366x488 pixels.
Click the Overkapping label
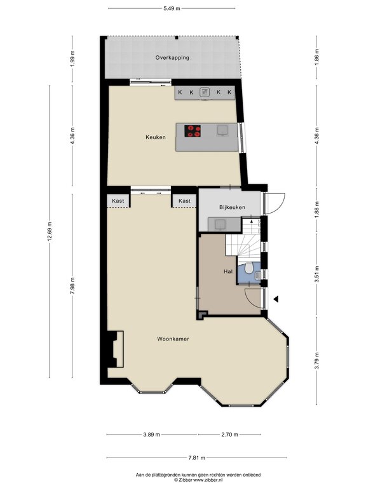172,58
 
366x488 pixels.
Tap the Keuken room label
156,137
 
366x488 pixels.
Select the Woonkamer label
173,339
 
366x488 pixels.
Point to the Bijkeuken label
232,207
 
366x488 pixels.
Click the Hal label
228,271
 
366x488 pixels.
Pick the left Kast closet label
118,201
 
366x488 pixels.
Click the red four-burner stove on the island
193,131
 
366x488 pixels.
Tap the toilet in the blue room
248,268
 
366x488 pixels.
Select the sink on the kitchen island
222,130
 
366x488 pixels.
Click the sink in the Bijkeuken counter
220,224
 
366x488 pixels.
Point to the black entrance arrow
276,299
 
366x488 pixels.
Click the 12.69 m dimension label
50,232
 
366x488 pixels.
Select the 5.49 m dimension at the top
172,8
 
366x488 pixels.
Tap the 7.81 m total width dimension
197,457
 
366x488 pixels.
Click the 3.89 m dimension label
152,435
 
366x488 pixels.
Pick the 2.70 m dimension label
229,435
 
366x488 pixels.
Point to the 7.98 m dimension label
72,286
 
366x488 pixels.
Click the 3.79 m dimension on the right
317,360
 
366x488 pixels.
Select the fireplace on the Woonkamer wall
116,349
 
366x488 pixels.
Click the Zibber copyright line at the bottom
198,480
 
